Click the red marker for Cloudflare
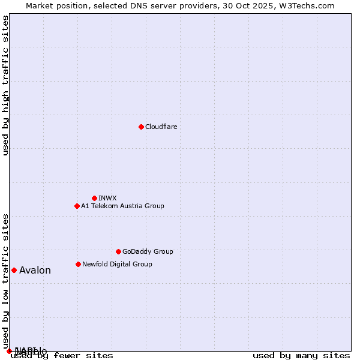(141, 127)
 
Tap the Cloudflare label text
(161, 127)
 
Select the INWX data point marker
(94, 198)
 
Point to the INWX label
(107, 198)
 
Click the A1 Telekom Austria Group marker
(77, 206)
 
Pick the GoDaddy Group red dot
(118, 251)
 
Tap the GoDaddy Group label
(148, 251)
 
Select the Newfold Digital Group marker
(78, 264)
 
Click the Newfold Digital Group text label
(117, 264)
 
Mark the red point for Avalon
(14, 270)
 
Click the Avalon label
(35, 270)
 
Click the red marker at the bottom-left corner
(9, 351)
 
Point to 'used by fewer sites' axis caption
(62, 355)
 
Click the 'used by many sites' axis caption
(301, 355)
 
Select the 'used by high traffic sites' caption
(5, 85)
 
